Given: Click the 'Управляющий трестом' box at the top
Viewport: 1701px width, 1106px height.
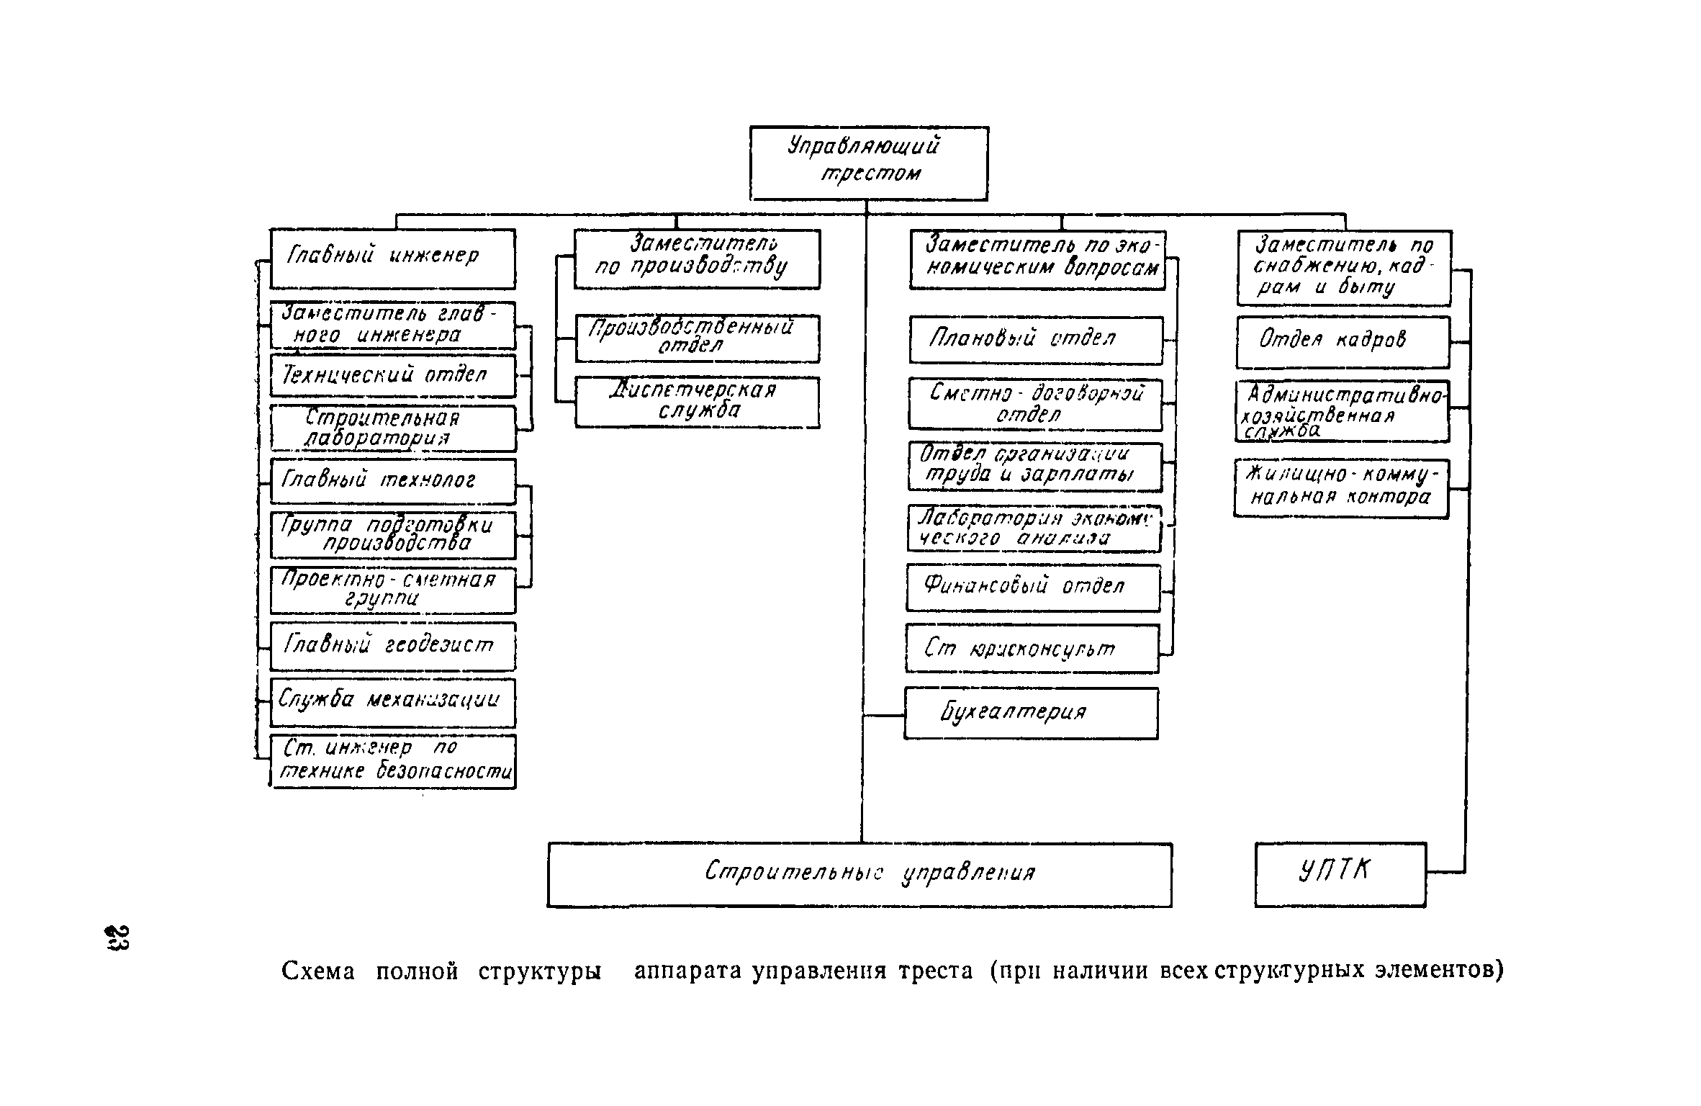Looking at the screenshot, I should point(869,163).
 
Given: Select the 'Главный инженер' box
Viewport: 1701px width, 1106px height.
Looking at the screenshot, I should point(392,258).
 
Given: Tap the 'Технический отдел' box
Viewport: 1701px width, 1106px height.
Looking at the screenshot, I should point(393,375).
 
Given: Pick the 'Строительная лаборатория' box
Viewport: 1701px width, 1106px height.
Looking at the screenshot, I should point(393,428).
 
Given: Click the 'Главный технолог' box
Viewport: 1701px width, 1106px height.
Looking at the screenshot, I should point(393,481).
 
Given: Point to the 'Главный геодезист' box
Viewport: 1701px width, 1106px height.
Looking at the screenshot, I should point(393,646).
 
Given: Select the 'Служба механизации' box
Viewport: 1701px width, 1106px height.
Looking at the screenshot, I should point(393,702).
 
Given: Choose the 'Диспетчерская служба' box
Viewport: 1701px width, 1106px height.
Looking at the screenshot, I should point(697,403).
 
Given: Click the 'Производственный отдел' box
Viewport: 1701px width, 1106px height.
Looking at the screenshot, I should point(697,338).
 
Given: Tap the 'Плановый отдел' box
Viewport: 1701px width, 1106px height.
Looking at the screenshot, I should point(1035,340).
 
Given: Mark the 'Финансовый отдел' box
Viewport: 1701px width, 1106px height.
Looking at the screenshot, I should point(1033,588).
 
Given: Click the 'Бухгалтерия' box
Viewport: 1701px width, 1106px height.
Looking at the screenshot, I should point(1031,713).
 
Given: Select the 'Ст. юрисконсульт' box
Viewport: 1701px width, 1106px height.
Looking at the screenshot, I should point(1032,649).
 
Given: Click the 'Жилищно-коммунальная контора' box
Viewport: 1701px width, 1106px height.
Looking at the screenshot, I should point(1341,488).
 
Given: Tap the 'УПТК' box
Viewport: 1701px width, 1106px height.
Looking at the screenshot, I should point(1340,874).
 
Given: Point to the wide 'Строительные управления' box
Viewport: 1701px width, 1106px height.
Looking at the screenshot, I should point(859,875).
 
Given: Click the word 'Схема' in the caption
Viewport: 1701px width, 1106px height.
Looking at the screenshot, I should point(318,972).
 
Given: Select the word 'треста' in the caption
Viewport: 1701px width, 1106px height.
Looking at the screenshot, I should point(935,971).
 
